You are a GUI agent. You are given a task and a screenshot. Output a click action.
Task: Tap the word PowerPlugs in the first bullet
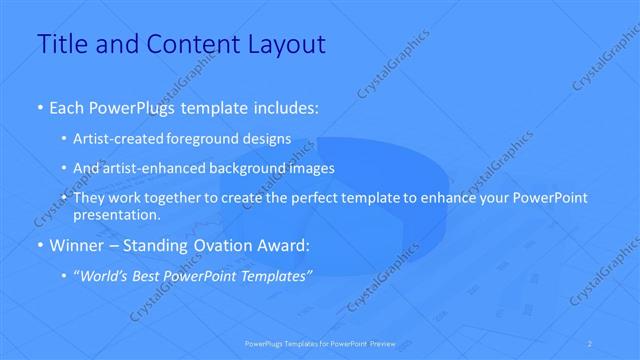(132, 106)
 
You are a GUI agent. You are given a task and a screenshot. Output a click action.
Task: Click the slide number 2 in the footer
(590, 343)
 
